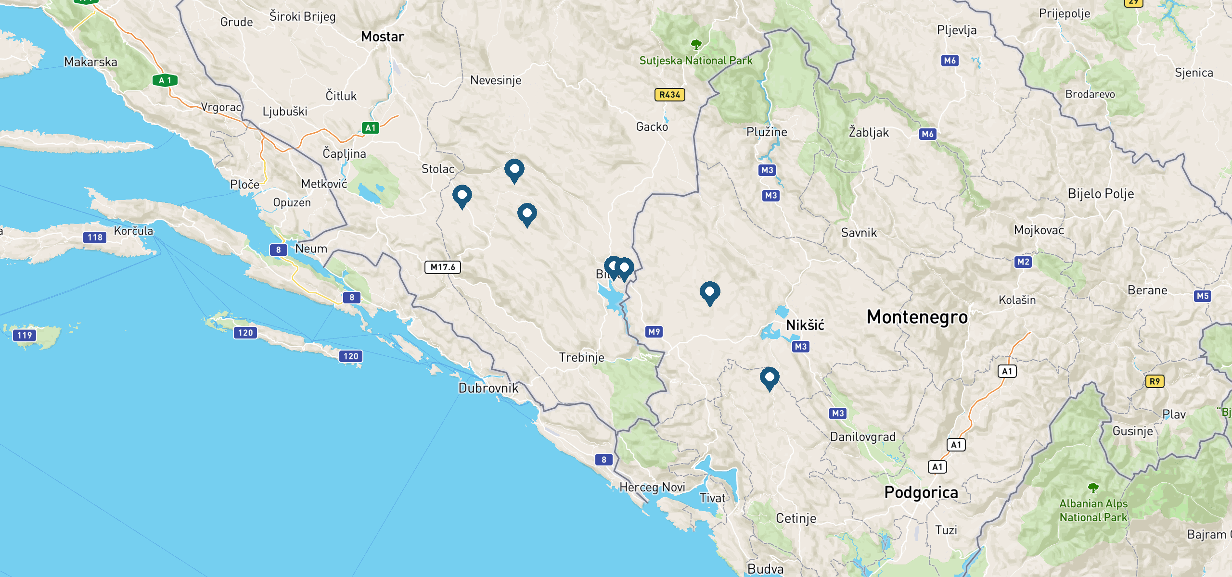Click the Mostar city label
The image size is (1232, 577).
[x=382, y=37]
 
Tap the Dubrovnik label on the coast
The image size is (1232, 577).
[x=488, y=388]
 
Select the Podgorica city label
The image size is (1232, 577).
[x=921, y=492]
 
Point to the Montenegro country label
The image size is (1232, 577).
[x=917, y=317]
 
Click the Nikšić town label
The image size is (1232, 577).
[x=805, y=325]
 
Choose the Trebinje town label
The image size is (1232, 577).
[x=581, y=357]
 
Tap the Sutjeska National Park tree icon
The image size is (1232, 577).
[x=696, y=45]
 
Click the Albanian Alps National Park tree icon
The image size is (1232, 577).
[x=1093, y=488]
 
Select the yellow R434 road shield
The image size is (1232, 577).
[x=669, y=95]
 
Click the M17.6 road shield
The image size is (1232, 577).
[x=442, y=267]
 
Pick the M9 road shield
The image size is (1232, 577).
[x=654, y=332]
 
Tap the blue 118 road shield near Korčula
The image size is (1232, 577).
[x=95, y=237]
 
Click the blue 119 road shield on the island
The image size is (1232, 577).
[x=25, y=335]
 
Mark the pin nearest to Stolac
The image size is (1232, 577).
[x=462, y=195]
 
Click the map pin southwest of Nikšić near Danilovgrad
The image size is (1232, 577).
[x=769, y=377]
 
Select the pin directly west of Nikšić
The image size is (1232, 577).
[x=709, y=292]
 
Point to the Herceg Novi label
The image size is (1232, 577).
[x=652, y=487]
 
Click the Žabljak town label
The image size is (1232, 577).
[x=869, y=132]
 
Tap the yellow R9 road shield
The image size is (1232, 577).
[x=1155, y=381]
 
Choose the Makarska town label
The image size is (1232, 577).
[x=90, y=62]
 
